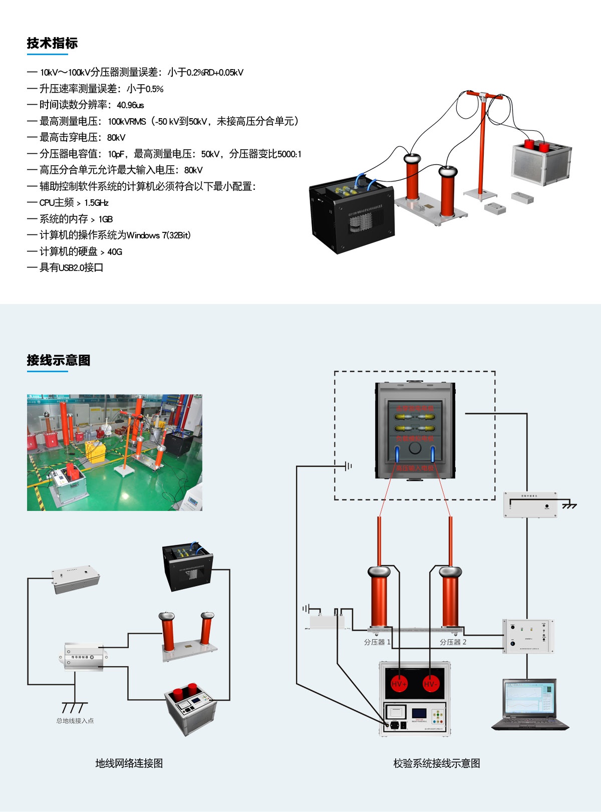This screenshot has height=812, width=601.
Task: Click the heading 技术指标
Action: point(52,44)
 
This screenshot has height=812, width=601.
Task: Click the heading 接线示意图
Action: point(59,360)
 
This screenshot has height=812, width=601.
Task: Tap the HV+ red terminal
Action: point(399,683)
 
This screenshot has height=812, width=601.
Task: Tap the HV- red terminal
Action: point(431,683)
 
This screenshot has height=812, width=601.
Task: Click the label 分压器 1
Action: point(377,642)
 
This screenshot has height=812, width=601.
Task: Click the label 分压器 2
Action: point(453,642)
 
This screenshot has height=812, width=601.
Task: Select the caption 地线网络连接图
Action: point(129,763)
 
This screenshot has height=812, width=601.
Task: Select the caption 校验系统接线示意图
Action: point(437,763)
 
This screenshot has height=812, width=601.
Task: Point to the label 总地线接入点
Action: point(75,721)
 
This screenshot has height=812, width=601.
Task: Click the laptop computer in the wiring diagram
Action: point(530,704)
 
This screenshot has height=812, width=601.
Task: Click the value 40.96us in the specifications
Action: point(130,105)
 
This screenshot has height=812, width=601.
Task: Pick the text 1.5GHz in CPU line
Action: point(96,203)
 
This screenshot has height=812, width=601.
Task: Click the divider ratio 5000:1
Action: point(289,154)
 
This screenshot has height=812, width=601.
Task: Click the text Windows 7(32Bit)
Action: point(159,235)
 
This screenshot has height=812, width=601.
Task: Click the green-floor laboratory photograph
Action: point(114,452)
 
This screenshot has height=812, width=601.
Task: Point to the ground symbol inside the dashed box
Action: point(348,466)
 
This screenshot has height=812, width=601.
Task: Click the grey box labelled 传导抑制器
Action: point(84,657)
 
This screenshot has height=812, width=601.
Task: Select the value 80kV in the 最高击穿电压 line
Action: point(116,138)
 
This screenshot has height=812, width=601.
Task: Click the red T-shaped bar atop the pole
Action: point(483,94)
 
